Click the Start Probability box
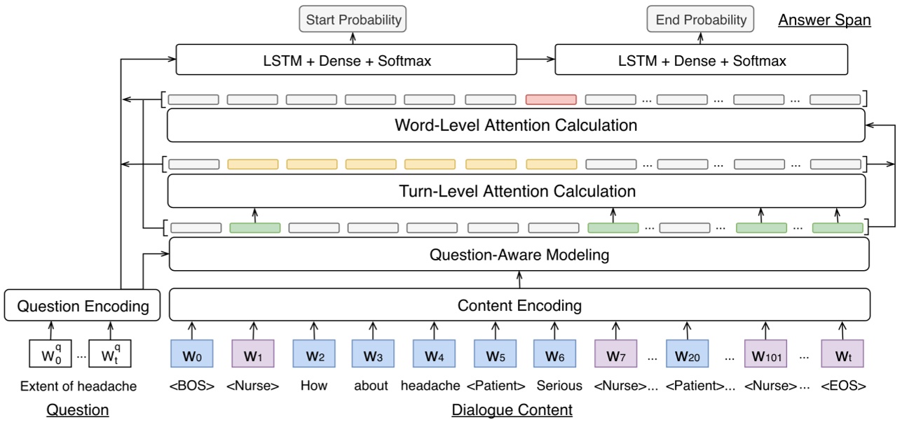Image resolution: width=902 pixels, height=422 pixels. point(353,20)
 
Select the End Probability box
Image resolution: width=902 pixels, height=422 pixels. point(701,20)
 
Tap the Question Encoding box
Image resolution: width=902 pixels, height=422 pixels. point(83,306)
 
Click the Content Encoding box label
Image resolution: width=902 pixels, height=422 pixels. point(519,305)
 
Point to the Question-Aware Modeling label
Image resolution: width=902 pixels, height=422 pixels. point(519,255)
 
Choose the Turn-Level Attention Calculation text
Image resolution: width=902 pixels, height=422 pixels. point(517,191)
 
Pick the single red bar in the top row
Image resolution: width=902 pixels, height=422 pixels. point(551,99)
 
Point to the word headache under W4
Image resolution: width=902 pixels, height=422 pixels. point(430,386)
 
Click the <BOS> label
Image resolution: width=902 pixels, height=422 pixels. point(191,386)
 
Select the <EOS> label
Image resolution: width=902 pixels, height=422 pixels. point(843,386)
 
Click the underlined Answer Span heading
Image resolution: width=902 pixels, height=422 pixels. point(824,20)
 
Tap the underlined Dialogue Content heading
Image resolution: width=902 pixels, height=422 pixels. point(512,410)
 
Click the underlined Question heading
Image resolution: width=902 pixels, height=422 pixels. point(77,410)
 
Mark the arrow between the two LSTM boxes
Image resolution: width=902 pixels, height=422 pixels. point(536,60)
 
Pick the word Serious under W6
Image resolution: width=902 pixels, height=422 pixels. point(559,386)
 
